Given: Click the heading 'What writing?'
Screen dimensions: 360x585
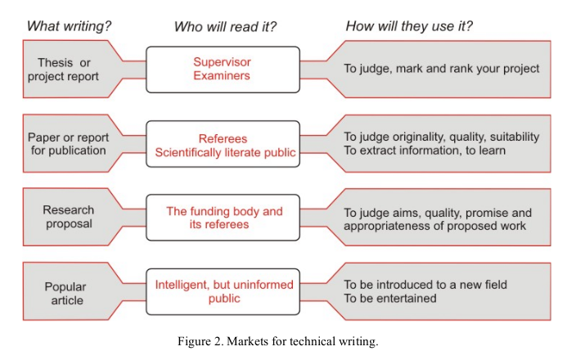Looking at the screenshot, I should coord(69,26).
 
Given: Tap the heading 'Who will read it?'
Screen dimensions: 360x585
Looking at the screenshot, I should coord(225,27).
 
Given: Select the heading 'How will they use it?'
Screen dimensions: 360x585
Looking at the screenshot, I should coord(409,26).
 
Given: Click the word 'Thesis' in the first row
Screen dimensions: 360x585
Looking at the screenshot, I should coord(55,62).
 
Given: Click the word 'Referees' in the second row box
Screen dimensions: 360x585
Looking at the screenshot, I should coord(223,138).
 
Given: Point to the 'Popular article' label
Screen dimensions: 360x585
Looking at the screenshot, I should coord(65,294).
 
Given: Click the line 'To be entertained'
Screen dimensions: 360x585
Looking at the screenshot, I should coord(390,299).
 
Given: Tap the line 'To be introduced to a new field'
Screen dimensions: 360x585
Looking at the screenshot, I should coord(425,285).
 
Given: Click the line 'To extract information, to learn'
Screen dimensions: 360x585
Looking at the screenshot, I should coord(425,151).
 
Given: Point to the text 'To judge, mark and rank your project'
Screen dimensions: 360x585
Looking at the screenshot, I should coord(442,68).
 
